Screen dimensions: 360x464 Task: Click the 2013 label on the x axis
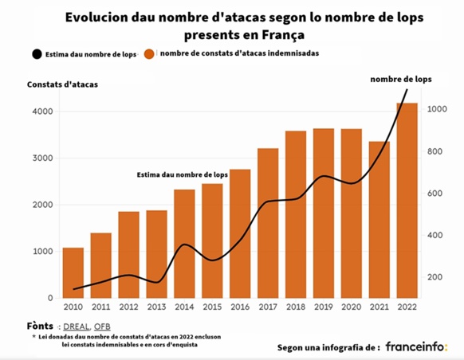click(157, 307)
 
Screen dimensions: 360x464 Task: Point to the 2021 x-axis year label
click(379, 307)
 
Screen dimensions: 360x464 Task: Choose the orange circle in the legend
click(149, 54)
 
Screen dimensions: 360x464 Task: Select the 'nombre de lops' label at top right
click(401, 79)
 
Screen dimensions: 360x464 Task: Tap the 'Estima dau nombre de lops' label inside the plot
click(182, 174)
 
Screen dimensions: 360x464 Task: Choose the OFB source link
click(104, 327)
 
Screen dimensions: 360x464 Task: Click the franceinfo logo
click(416, 347)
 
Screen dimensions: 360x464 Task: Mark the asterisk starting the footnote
click(33, 338)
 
